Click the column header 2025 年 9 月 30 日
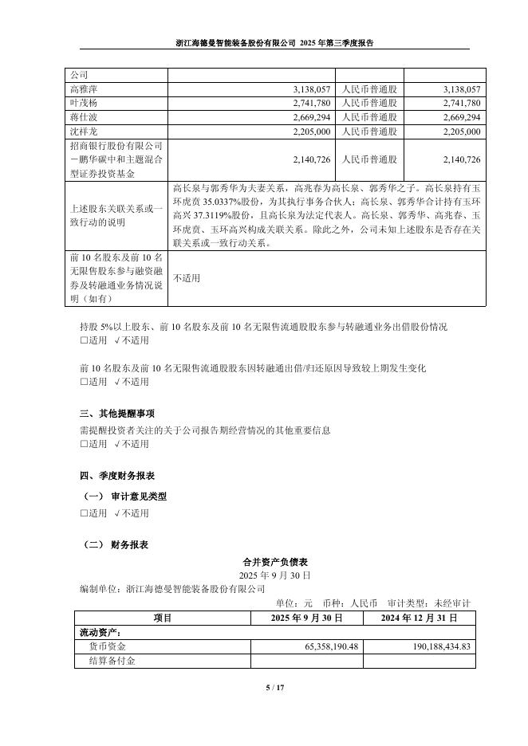[x=306, y=618]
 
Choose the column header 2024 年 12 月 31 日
[x=419, y=618]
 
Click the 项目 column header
[x=162, y=618]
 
